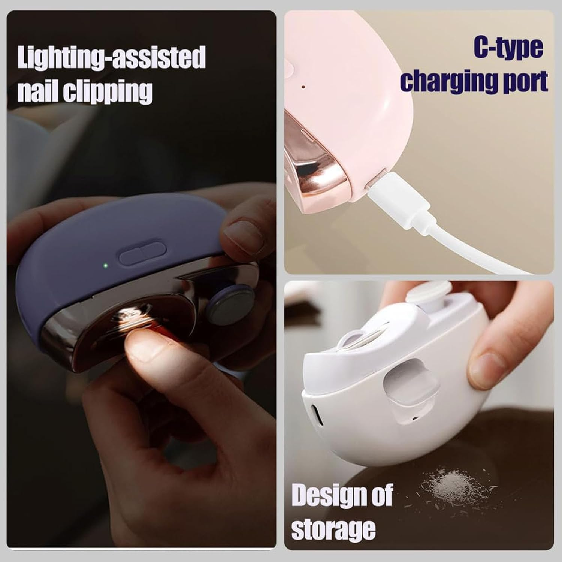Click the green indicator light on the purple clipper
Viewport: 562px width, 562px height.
coord(106,266)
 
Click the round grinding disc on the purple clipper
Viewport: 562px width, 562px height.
coord(228,301)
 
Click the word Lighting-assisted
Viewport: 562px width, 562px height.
coord(111,57)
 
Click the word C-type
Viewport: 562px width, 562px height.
coord(508,48)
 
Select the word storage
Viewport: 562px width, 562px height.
coord(333,529)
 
